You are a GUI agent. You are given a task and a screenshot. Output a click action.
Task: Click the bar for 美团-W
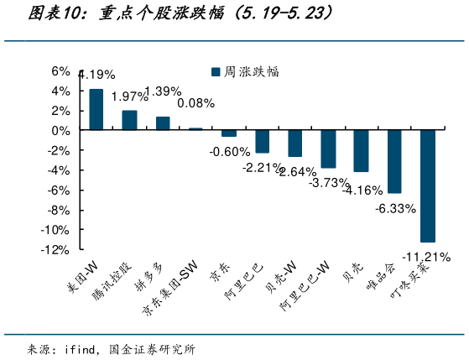[x=96, y=110]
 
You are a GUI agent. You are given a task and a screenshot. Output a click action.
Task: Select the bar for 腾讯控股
[x=129, y=121]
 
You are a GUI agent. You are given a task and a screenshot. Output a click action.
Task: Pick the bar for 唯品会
[x=394, y=162]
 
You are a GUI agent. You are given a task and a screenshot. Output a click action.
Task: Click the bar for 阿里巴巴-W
[x=328, y=149]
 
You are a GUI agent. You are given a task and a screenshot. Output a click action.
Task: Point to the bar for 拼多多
[x=163, y=123]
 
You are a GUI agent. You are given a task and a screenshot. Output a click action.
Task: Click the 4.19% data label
[x=96, y=75]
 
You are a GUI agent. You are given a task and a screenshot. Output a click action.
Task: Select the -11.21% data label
[x=426, y=255]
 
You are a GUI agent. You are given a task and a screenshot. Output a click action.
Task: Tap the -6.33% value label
[x=395, y=207]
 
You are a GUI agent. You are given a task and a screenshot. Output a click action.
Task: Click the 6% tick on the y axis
[x=60, y=71]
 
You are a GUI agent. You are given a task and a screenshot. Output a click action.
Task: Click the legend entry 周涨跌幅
[x=245, y=72]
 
